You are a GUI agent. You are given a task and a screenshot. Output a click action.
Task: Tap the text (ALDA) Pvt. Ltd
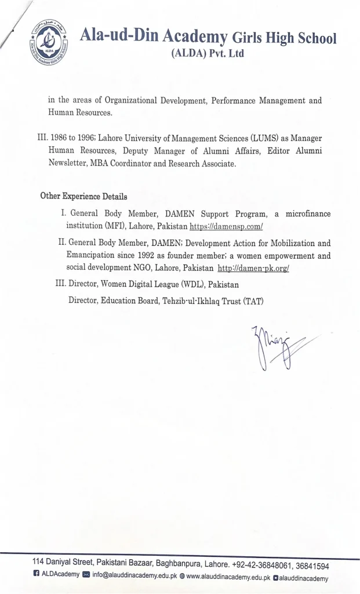[208, 54]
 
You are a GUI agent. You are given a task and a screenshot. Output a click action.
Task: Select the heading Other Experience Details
[83, 196]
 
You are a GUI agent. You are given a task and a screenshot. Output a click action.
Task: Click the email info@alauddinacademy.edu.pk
[134, 578]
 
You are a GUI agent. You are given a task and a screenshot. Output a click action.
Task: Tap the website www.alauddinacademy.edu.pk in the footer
[228, 578]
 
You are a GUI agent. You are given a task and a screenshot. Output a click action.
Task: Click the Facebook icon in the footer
[35, 578]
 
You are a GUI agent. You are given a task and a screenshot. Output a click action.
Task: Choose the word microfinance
[308, 213]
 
